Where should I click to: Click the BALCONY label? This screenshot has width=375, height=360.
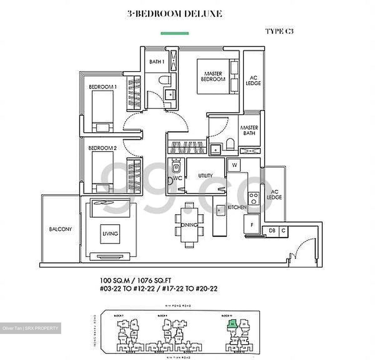[x=60, y=229]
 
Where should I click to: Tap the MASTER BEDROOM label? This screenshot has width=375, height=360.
[x=213, y=76]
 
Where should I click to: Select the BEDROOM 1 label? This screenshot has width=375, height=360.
[x=103, y=87]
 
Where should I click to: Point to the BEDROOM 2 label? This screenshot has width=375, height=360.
[x=102, y=148]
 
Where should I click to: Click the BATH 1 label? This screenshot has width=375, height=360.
[x=157, y=62]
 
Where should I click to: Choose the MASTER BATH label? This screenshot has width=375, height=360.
[x=249, y=130]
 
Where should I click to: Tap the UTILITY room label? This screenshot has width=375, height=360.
[x=205, y=176]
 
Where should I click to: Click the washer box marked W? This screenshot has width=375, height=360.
[x=234, y=165]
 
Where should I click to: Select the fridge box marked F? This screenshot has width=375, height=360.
[x=252, y=225]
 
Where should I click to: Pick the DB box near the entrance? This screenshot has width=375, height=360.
[x=272, y=231]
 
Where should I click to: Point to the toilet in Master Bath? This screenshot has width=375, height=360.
[x=230, y=144]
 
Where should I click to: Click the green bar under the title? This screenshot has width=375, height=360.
[x=174, y=33]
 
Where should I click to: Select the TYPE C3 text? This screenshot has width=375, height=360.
[x=279, y=31]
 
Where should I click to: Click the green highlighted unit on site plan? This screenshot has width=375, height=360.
[x=232, y=324]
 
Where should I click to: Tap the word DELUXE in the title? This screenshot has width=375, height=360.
[x=203, y=14]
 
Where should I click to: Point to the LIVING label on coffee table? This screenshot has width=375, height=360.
[x=110, y=234]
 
